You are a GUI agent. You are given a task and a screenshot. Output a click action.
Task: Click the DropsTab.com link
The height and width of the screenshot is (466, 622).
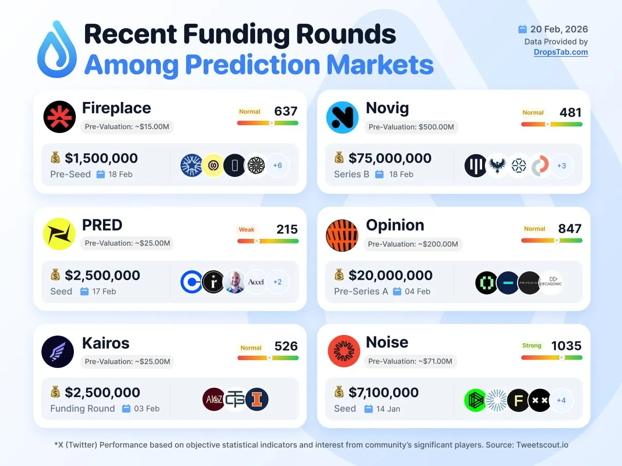560,52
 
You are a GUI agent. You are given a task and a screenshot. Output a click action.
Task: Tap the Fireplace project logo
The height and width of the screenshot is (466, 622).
59,117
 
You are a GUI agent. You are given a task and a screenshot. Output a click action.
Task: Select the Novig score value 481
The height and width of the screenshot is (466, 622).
570,113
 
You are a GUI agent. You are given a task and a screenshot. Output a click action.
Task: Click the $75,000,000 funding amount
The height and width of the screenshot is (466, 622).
390,158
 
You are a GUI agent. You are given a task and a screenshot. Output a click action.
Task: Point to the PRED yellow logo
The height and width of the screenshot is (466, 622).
59,234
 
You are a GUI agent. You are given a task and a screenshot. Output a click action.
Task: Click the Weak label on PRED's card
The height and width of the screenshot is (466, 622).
246,230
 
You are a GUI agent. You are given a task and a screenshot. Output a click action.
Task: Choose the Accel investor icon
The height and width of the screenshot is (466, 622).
256,282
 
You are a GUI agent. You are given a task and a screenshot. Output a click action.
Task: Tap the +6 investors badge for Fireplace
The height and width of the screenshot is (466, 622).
277,166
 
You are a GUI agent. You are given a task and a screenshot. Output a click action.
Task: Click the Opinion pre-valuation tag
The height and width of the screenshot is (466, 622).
413,244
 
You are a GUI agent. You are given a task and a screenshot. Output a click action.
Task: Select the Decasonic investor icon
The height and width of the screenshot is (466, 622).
551,282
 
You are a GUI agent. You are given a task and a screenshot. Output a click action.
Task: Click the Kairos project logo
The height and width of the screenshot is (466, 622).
58,351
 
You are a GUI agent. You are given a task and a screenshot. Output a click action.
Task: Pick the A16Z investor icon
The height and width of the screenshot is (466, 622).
214,399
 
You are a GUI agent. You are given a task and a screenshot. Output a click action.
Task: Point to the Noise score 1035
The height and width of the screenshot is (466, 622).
566,346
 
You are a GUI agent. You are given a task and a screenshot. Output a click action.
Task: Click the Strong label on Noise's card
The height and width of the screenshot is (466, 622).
532,346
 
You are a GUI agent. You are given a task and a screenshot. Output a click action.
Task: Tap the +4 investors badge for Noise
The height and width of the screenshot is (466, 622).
561,400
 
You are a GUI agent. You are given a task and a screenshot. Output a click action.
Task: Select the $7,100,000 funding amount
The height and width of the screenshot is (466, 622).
383,392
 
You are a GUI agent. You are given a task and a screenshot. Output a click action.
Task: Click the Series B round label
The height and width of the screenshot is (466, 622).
351,174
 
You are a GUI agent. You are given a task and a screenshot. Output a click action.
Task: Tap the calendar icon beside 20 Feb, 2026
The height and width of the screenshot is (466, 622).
522,30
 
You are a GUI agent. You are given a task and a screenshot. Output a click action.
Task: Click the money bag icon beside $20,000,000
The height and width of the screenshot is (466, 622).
339,275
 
